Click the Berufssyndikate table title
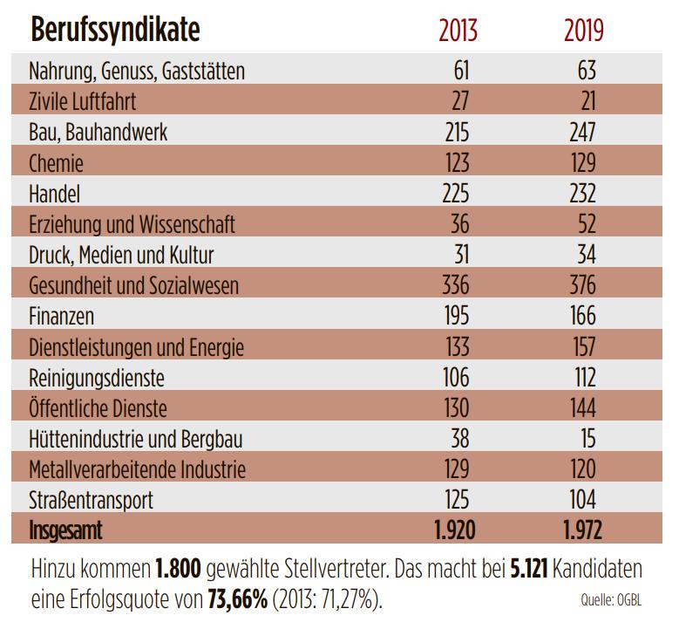pos(115,31)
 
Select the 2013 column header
pos(458,31)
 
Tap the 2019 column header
pos(583,31)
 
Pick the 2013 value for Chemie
pos(452,163)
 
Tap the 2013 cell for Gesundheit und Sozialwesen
pos(450,285)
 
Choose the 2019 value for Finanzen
pos(579,316)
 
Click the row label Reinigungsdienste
pos(97,377)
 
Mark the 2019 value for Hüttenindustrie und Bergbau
pos(586,438)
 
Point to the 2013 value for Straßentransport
pos(452,500)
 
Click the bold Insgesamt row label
pos(72,530)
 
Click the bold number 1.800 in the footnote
pos(179,570)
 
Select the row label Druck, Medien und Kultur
pos(121,255)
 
